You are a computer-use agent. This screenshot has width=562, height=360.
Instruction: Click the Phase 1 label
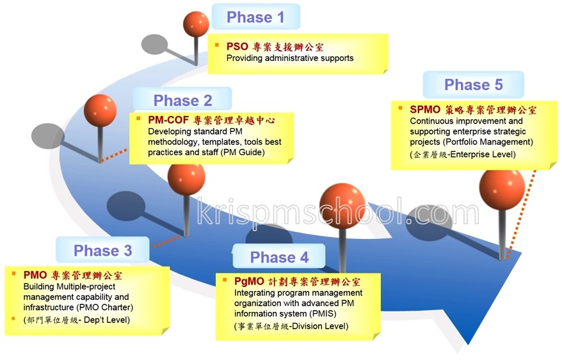coord(255,17)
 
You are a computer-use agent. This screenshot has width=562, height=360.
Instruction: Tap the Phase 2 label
coord(183,101)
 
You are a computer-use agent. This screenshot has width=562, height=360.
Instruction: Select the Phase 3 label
coord(103,250)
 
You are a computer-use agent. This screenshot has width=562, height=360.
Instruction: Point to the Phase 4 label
coord(279,257)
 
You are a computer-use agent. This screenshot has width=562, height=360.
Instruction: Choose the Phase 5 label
coord(474,85)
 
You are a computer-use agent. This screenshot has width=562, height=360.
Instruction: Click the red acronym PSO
coord(237,47)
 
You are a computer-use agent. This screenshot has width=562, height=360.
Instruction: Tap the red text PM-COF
coord(168,120)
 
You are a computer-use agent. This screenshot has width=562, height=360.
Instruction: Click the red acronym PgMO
coord(249,281)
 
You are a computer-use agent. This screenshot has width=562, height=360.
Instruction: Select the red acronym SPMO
coord(425,110)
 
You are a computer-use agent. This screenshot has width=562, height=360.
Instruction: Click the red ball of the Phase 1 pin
coord(196,24)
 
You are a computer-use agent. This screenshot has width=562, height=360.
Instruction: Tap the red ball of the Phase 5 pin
coord(502,190)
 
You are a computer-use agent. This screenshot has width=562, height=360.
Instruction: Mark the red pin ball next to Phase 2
coord(100,110)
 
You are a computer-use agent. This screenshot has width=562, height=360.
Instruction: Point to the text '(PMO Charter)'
coord(104,307)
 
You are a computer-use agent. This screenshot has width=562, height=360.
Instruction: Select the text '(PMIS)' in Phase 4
coord(321,314)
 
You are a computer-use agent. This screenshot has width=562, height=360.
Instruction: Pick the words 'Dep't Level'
coord(106,320)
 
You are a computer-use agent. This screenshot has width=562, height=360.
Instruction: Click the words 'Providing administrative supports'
coord(290,58)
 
